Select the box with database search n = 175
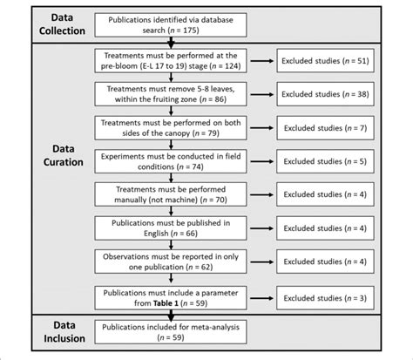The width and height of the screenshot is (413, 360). tap(172, 24)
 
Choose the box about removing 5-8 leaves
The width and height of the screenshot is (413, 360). tap(172, 94)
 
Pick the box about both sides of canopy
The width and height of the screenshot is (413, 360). tap(172, 128)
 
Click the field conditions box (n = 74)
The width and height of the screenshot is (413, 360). tap(172, 162)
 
